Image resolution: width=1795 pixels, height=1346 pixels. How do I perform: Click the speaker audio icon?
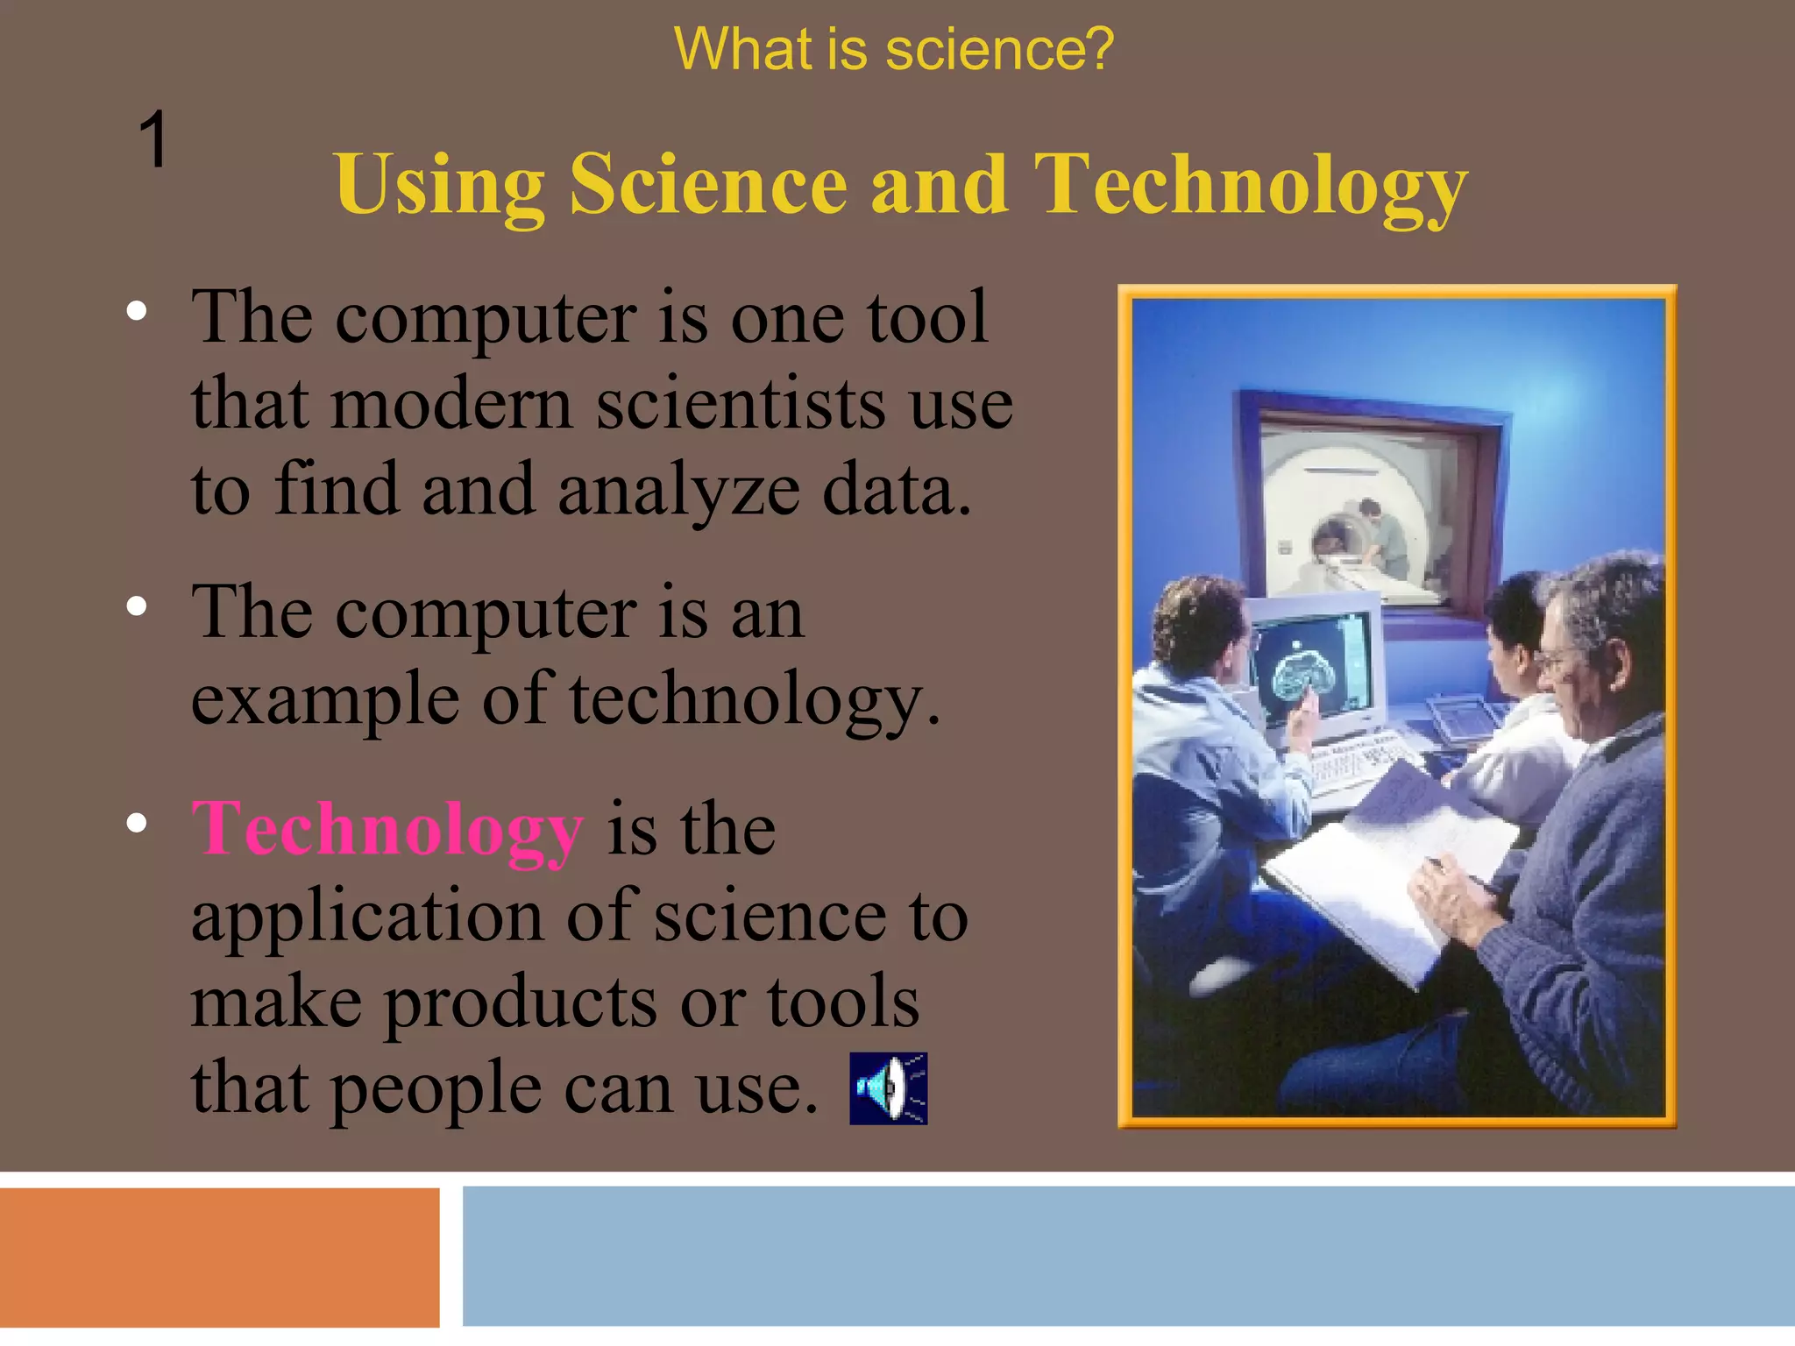click(x=888, y=1087)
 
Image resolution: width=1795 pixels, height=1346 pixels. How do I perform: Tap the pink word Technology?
click(x=387, y=829)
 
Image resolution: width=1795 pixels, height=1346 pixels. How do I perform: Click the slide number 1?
click(x=153, y=139)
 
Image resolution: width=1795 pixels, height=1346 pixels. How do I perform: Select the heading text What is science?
click(x=893, y=49)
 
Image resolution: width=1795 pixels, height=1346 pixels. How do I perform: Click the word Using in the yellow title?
click(x=439, y=186)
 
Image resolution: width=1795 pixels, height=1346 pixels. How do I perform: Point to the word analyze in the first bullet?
click(x=678, y=490)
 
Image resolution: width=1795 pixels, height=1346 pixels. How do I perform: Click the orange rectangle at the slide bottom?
click(x=219, y=1257)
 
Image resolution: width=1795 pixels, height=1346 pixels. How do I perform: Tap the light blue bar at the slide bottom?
click(x=1128, y=1257)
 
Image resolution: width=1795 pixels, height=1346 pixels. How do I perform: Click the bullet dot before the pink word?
click(x=137, y=824)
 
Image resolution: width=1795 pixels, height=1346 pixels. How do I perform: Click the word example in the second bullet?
click(x=325, y=699)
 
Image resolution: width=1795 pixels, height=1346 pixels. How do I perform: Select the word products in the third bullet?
click(x=521, y=1002)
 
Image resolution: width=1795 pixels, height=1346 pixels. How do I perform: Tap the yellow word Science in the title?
click(x=708, y=186)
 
